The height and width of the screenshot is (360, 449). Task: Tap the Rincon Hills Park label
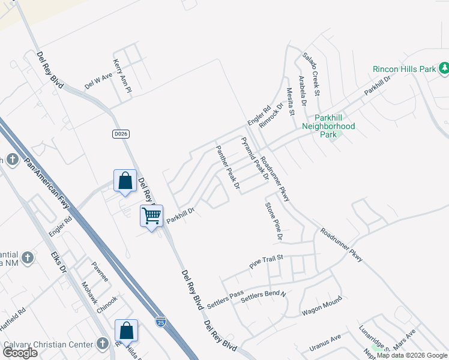coord(404,69)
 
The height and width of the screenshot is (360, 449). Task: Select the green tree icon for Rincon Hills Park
coord(444,68)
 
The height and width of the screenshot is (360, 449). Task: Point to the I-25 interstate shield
coord(160,322)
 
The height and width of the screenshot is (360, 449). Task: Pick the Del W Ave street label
coord(98,82)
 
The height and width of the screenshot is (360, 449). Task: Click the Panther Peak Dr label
coord(228,166)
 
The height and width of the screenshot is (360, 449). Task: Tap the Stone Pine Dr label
coord(274,221)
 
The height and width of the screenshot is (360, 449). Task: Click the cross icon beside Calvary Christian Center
coord(103,344)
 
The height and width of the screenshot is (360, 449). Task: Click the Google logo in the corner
coord(20,353)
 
